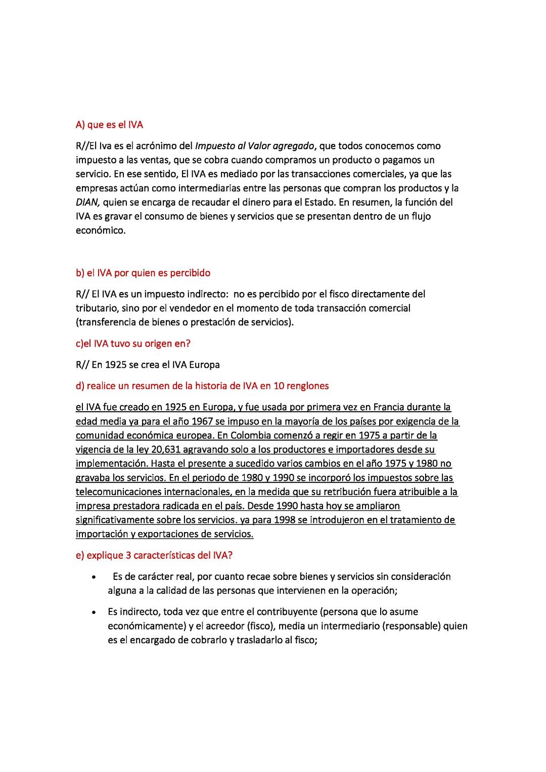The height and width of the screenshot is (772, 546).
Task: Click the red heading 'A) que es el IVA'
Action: pyautogui.click(x=109, y=125)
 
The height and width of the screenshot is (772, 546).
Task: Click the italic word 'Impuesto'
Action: pyautogui.click(x=214, y=146)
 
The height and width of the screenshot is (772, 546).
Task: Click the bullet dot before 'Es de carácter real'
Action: pyautogui.click(x=94, y=577)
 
